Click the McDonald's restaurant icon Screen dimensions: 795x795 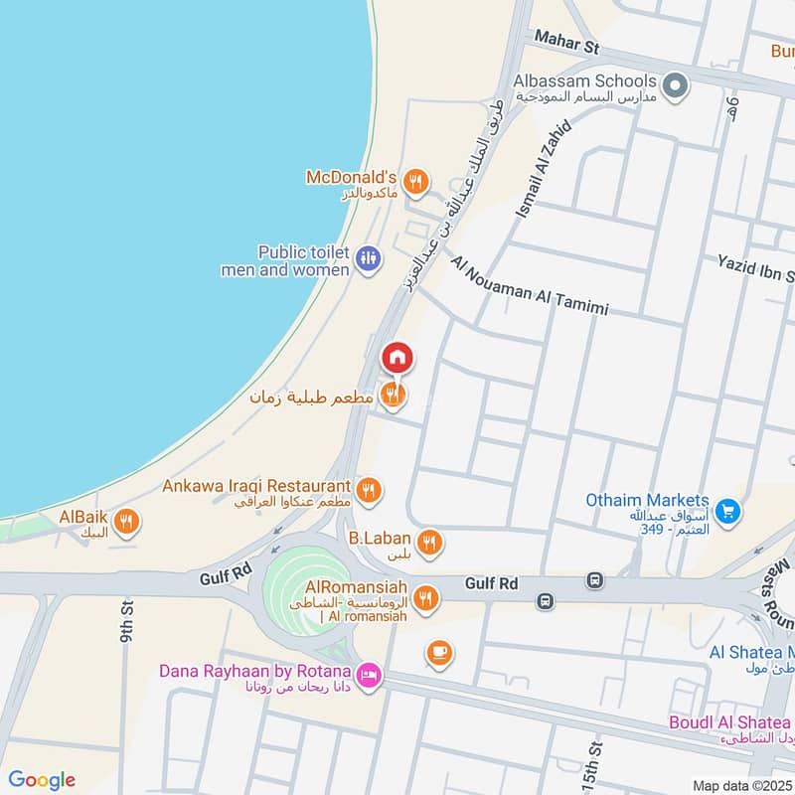(x=417, y=182)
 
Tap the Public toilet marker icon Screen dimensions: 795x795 (x=369, y=258)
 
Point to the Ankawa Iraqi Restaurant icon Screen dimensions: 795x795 (x=369, y=489)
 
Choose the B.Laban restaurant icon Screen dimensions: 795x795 (x=429, y=542)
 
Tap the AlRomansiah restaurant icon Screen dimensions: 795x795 (x=425, y=596)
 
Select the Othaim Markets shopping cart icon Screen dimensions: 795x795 (x=728, y=510)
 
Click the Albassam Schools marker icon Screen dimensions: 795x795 (x=676, y=85)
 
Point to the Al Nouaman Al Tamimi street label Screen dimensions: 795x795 (x=529, y=285)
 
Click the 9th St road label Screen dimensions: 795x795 (x=126, y=621)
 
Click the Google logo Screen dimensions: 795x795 (x=42, y=780)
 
